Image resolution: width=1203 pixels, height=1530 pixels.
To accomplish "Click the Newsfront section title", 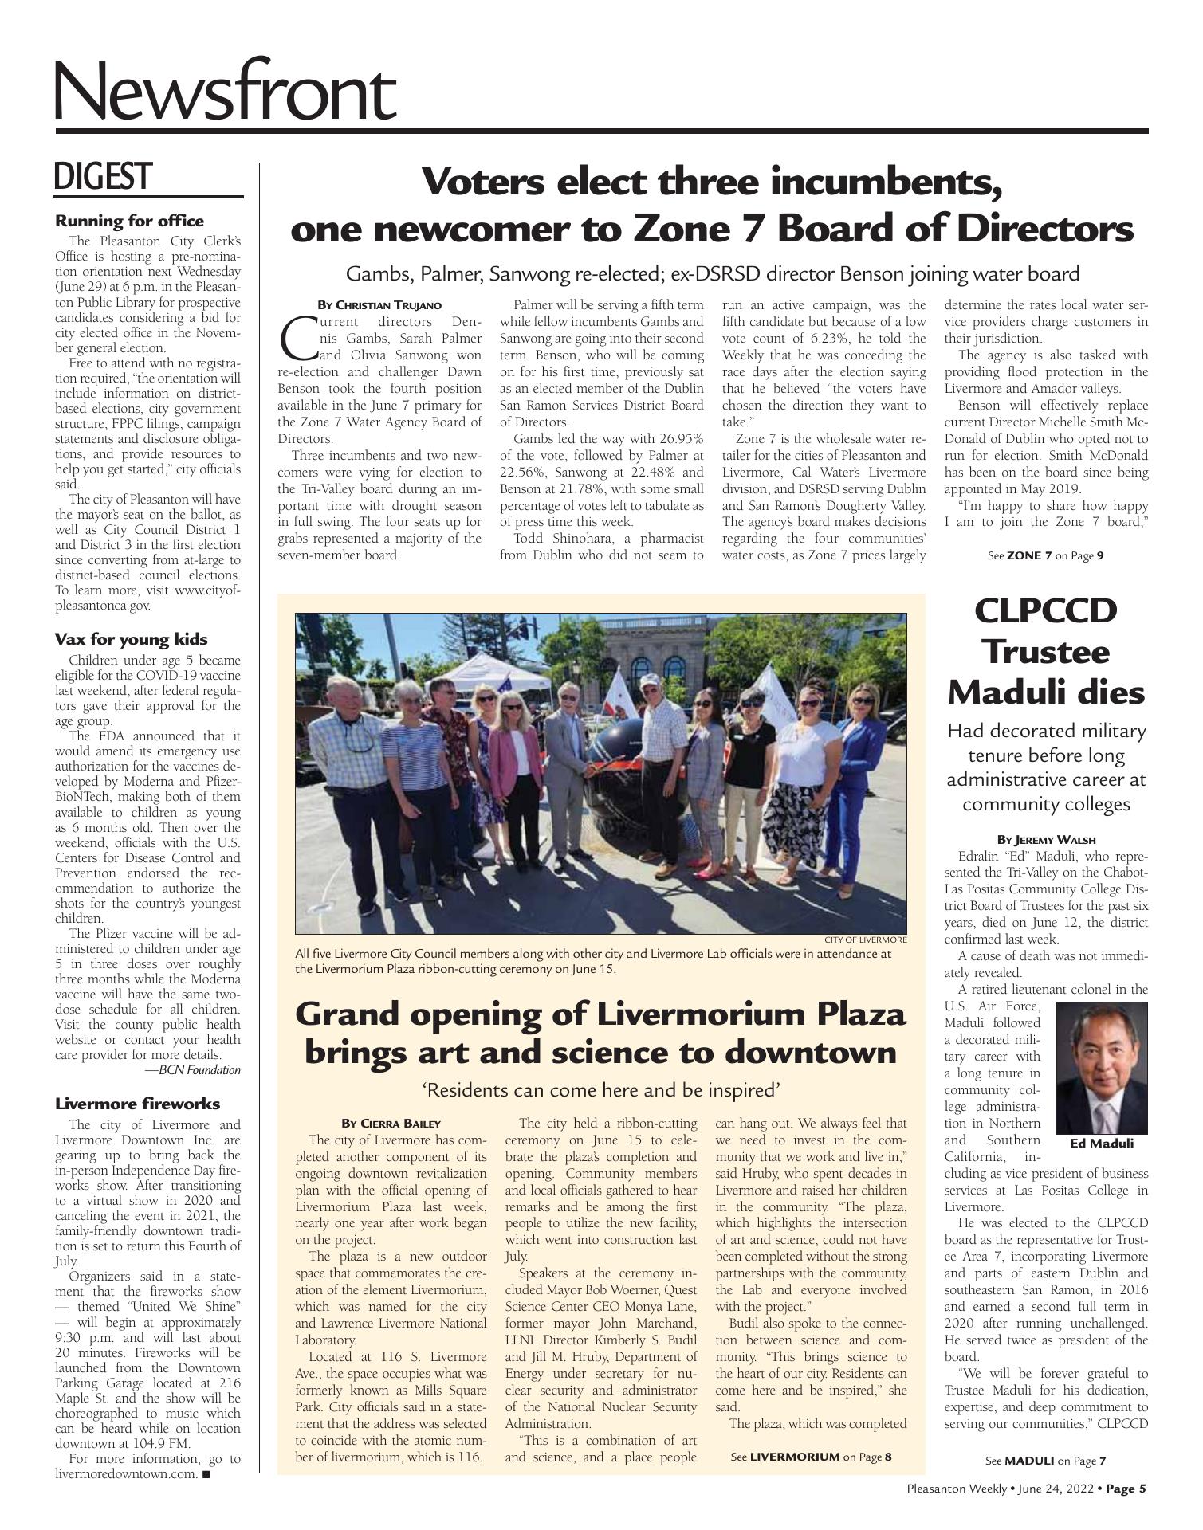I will (x=225, y=94).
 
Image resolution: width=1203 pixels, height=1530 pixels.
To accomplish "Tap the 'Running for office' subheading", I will (x=129, y=221).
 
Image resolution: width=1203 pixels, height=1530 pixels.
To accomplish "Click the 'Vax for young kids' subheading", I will (x=131, y=639).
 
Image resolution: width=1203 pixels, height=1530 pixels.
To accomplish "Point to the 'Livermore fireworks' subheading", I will (x=137, y=1104).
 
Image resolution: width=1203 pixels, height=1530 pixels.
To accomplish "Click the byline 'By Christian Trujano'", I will (x=379, y=305).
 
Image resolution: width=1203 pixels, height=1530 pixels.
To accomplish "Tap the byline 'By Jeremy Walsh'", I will (x=1046, y=839).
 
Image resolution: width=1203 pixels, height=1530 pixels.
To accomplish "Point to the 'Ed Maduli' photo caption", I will (x=1101, y=1144).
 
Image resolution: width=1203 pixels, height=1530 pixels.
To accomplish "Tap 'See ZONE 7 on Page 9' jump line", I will (x=1045, y=555).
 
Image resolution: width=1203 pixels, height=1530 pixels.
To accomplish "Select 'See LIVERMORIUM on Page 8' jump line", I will (x=811, y=1457).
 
